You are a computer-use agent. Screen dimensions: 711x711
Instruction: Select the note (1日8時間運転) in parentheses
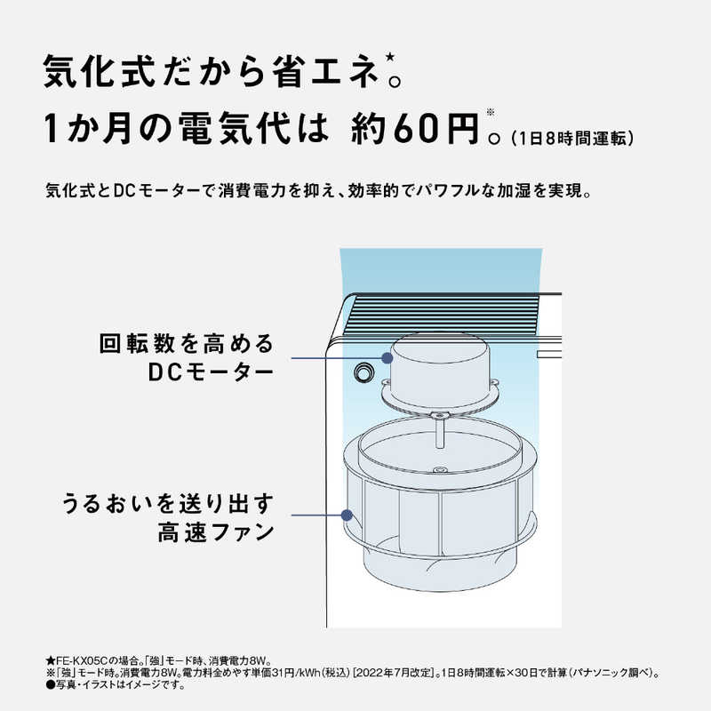(571, 138)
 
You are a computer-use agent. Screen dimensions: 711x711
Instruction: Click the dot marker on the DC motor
(387, 357)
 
